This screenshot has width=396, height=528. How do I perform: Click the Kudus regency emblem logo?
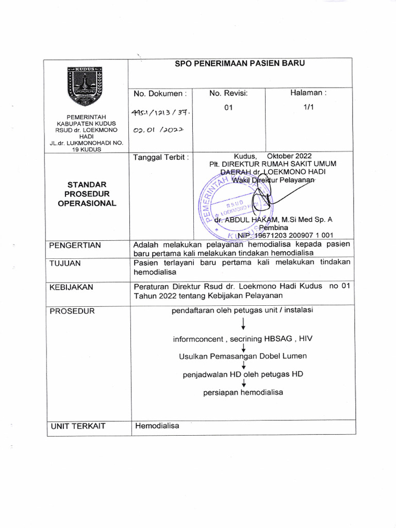pyautogui.click(x=86, y=87)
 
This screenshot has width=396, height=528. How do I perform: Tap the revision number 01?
pyautogui.click(x=228, y=108)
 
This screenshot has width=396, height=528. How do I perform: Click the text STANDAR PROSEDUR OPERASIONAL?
pyautogui.click(x=87, y=193)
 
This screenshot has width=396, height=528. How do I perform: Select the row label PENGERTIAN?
pyautogui.click(x=75, y=245)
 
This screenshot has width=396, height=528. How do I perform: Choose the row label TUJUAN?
pyautogui.click(x=65, y=263)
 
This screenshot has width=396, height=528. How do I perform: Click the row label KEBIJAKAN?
pyautogui.click(x=72, y=287)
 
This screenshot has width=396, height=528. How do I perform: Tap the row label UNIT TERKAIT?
pyautogui.click(x=77, y=426)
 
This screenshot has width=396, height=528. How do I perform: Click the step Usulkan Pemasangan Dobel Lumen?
pyautogui.click(x=242, y=356)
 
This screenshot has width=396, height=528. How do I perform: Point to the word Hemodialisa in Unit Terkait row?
pyautogui.click(x=157, y=426)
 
